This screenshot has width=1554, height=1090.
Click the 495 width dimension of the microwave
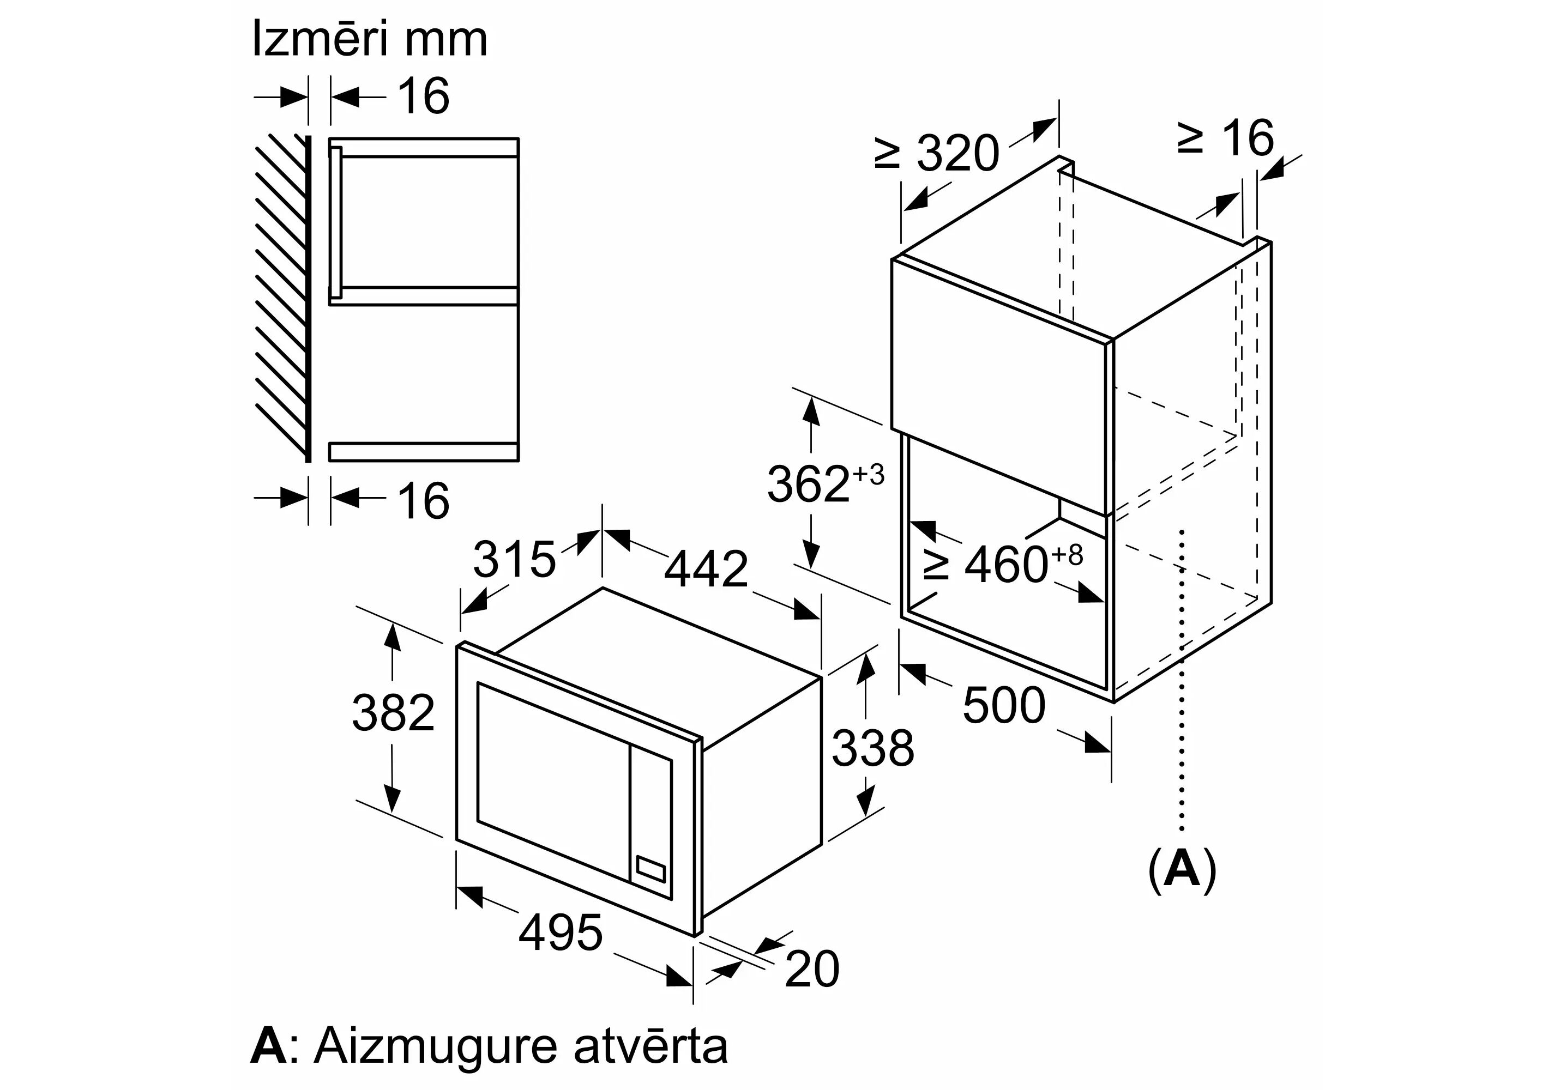[x=561, y=932]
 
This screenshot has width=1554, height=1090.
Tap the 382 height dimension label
[x=393, y=712]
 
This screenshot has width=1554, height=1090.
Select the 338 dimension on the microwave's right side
[x=873, y=748]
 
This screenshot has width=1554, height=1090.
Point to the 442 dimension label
[x=706, y=569]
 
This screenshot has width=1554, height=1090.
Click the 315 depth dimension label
[x=514, y=559]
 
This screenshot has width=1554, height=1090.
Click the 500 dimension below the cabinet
[x=1004, y=706]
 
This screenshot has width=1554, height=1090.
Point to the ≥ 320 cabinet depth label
[x=937, y=153]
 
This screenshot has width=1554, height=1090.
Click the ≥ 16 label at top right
[x=1226, y=139]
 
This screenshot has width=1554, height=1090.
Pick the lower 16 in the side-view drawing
[x=424, y=501]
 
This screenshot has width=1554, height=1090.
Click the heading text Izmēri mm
[x=370, y=39]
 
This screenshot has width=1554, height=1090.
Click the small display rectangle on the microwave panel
[x=650, y=869]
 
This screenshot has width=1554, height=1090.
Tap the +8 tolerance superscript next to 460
[x=1066, y=555]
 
